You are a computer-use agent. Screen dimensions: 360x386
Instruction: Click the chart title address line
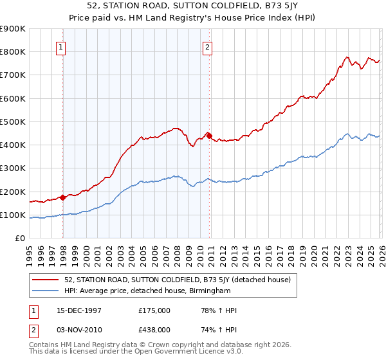pyautogui.click(x=192, y=6)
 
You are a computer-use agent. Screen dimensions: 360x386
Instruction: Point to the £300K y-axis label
pyautogui.click(x=13, y=168)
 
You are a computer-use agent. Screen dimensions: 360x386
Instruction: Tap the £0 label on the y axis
pyautogui.click(x=21, y=239)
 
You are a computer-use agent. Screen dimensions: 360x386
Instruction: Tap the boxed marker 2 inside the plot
pyautogui.click(x=208, y=46)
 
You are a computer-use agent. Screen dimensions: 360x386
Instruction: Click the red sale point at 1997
pyautogui.click(x=62, y=197)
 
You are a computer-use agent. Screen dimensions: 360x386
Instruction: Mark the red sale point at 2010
pyautogui.click(x=209, y=135)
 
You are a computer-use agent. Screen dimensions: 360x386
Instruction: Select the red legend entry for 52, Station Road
pyautogui.click(x=178, y=280)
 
